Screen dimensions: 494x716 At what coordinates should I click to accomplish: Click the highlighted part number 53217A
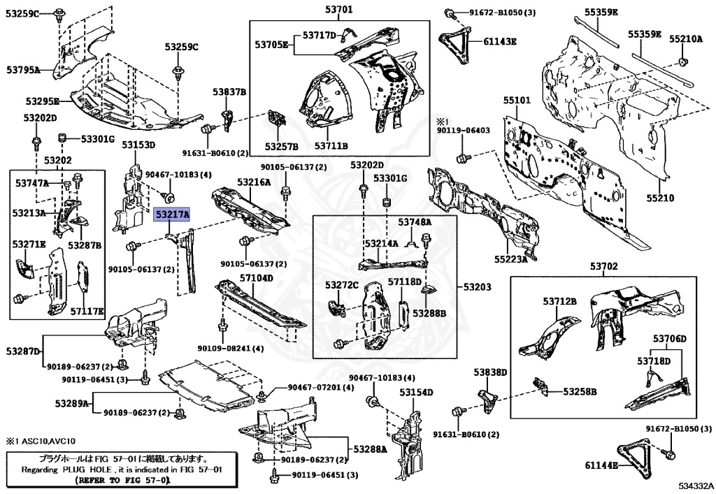[x=172, y=215]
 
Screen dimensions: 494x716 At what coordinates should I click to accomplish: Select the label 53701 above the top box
[x=338, y=10]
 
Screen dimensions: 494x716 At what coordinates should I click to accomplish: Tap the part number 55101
[x=518, y=101]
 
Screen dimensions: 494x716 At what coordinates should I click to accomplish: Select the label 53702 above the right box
[x=603, y=267]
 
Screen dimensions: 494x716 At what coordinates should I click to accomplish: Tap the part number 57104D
[x=257, y=278]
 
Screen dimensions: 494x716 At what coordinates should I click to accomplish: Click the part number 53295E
[x=42, y=101]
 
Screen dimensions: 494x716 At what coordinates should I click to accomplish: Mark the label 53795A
[x=23, y=69]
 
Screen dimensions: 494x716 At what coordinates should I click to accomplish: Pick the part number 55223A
[x=510, y=259]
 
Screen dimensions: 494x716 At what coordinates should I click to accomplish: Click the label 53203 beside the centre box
[x=477, y=287]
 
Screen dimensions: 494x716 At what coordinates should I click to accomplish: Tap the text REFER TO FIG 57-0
[x=123, y=481]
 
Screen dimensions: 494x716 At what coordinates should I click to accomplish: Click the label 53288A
[x=370, y=448]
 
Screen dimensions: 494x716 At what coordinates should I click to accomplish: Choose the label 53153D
[x=138, y=145]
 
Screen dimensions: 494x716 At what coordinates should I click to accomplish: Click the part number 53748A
[x=415, y=222]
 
